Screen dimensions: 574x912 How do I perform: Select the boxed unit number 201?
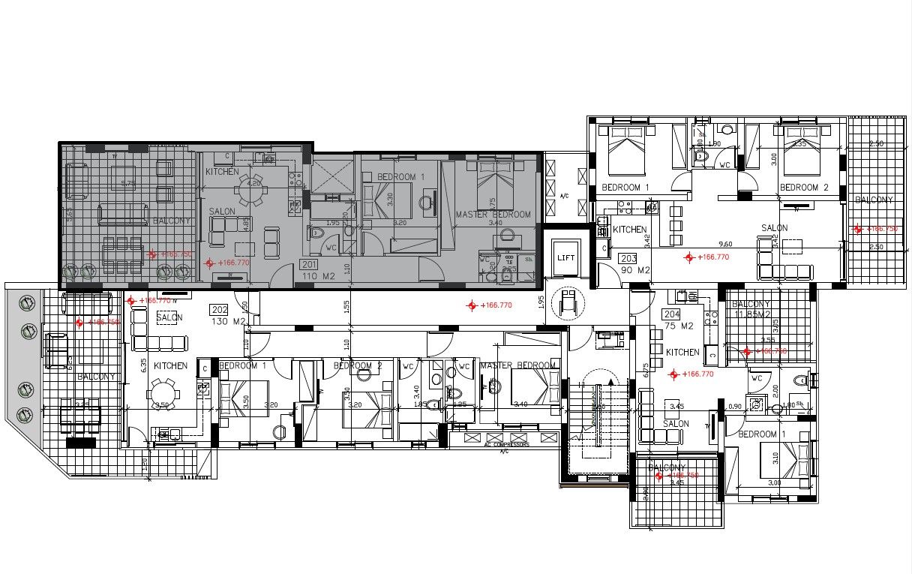[308, 264]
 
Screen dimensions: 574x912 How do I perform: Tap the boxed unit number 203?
[628, 258]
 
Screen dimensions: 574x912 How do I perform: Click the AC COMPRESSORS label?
[508, 444]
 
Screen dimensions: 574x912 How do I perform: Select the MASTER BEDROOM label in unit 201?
[493, 215]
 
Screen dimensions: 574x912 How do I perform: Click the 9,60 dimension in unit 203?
[724, 244]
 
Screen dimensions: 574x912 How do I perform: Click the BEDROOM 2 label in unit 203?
[803, 188]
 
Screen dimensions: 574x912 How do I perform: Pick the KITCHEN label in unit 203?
[630, 230]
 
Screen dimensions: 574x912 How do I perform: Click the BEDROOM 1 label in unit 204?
[762, 434]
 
